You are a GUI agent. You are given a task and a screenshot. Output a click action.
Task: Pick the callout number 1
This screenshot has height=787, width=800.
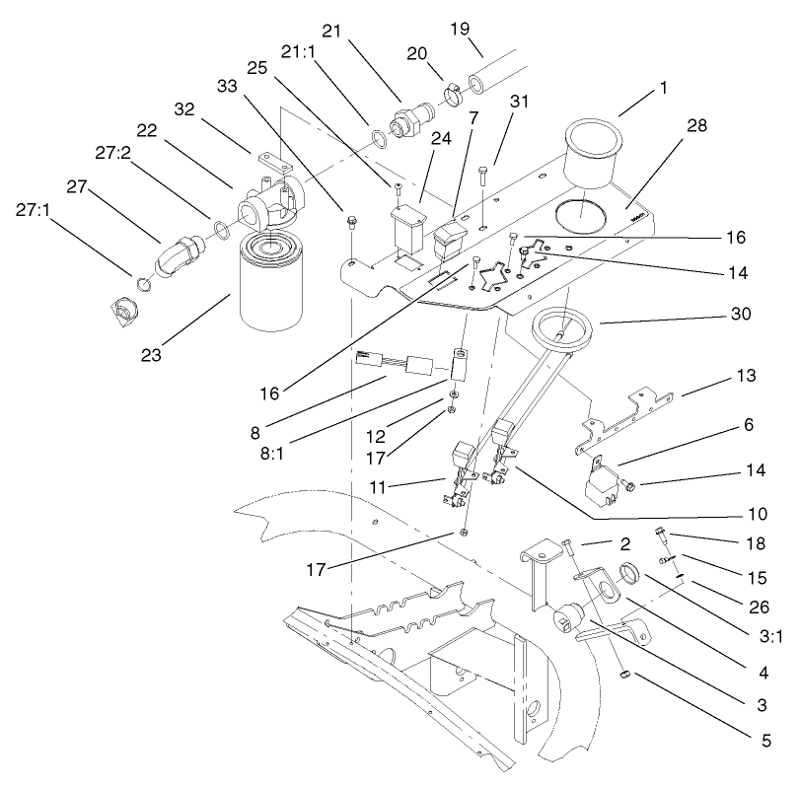coord(662,87)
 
